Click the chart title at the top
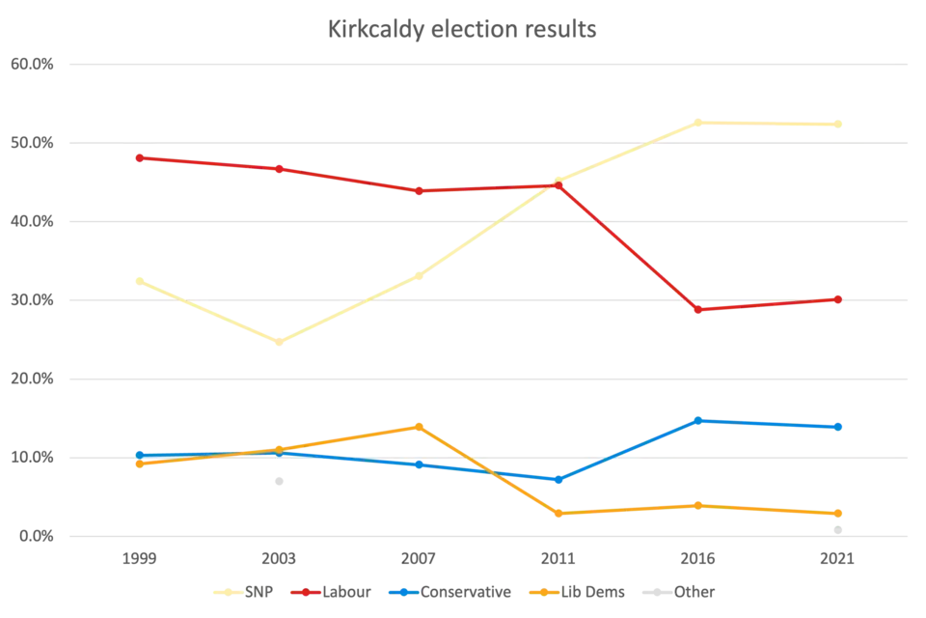tap(462, 29)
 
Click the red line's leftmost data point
tap(140, 156)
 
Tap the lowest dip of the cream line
tap(279, 341)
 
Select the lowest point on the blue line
tap(558, 480)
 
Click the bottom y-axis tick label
tap(35, 537)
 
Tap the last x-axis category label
tap(839, 560)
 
